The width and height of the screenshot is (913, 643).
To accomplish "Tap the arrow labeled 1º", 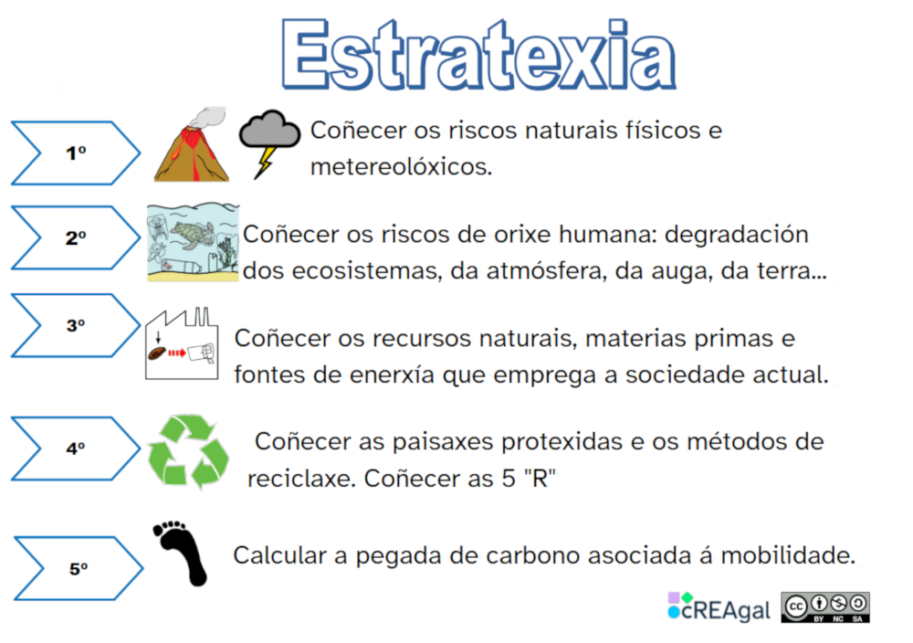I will click(76, 153).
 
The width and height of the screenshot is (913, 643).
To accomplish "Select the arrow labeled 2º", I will click(76, 238).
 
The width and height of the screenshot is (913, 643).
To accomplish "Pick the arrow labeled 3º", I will click(76, 325).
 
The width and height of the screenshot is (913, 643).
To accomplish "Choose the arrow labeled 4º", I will click(76, 448).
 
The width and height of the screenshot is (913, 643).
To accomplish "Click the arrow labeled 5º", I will click(79, 568).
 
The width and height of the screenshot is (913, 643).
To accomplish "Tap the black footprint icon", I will click(181, 552).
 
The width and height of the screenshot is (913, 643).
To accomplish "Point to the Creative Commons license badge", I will click(824, 607).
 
